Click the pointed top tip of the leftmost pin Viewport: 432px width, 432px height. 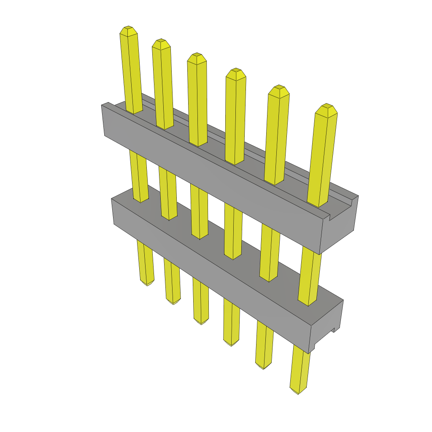[128, 29]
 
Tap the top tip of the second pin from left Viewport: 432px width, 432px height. [160, 42]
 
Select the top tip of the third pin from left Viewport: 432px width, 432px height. [197, 56]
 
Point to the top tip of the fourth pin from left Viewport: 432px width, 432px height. [236, 71]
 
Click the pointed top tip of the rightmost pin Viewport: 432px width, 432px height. [326, 107]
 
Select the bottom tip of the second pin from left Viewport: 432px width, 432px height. [173, 302]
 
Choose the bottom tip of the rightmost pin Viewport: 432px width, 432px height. [298, 392]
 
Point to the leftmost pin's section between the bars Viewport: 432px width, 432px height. [138, 175]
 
